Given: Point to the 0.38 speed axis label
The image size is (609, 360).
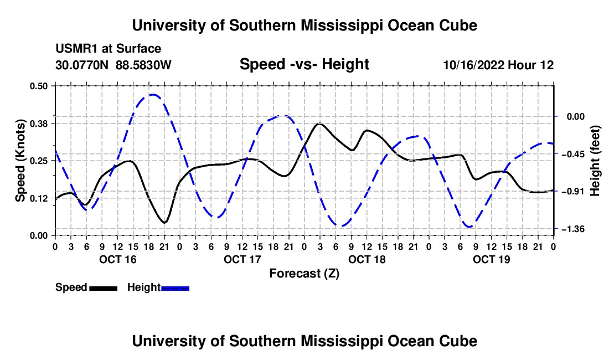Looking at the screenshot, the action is tap(38, 124).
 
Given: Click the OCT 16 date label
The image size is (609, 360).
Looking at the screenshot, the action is tap(118, 259).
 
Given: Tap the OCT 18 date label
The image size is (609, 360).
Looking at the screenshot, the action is tap(367, 259).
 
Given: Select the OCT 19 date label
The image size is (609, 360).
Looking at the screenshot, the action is tap(491, 259).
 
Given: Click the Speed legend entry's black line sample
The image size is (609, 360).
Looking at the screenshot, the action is tap(104, 288).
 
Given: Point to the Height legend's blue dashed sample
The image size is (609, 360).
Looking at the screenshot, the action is tap(175, 288).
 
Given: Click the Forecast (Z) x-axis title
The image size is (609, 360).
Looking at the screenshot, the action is tap(304, 274).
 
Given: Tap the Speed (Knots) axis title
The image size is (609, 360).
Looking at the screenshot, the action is tap(20, 161).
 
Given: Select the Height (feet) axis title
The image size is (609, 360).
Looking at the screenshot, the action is tap(595, 161).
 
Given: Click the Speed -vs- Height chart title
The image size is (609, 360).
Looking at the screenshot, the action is tap(304, 64).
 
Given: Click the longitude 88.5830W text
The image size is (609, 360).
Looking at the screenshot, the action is tap(143, 65).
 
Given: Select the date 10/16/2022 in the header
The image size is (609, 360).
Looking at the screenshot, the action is tap(474, 65).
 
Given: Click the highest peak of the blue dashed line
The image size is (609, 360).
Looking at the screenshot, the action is tap(153, 94).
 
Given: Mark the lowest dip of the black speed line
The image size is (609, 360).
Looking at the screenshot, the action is tap(164, 223).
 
